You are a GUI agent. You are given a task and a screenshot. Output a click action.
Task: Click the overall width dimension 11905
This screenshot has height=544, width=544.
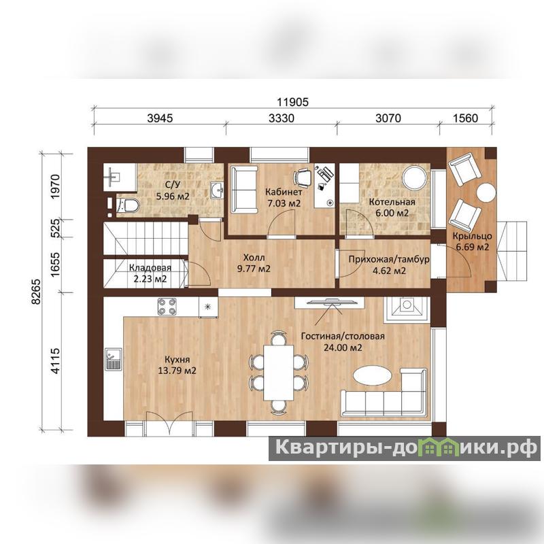coord(292,103)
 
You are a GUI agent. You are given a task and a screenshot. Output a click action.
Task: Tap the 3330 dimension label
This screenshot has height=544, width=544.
coord(281,118)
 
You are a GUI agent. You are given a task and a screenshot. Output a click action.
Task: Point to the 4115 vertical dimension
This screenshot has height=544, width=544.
coord(56,361)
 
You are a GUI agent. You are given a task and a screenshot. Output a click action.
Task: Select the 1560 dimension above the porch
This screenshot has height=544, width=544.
coord(465,118)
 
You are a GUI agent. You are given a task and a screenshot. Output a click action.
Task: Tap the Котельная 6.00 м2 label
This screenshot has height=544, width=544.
coord(392,207)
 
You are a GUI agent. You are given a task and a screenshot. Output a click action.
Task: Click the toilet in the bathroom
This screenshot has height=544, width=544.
coord(127,206)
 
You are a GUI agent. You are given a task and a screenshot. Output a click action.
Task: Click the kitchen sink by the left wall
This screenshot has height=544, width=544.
coord(114,359)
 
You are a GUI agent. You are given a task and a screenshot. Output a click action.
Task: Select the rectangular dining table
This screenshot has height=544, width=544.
coord(278,373)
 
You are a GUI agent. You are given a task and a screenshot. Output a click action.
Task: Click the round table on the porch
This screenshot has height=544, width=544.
coord(486,192)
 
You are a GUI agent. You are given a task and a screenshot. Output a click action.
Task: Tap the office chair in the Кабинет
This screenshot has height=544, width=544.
coord(303,176)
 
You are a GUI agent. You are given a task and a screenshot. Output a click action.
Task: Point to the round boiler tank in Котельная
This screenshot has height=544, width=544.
coord(414,177)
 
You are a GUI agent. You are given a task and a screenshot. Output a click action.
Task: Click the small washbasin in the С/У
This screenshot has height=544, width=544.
coord(217,190)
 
